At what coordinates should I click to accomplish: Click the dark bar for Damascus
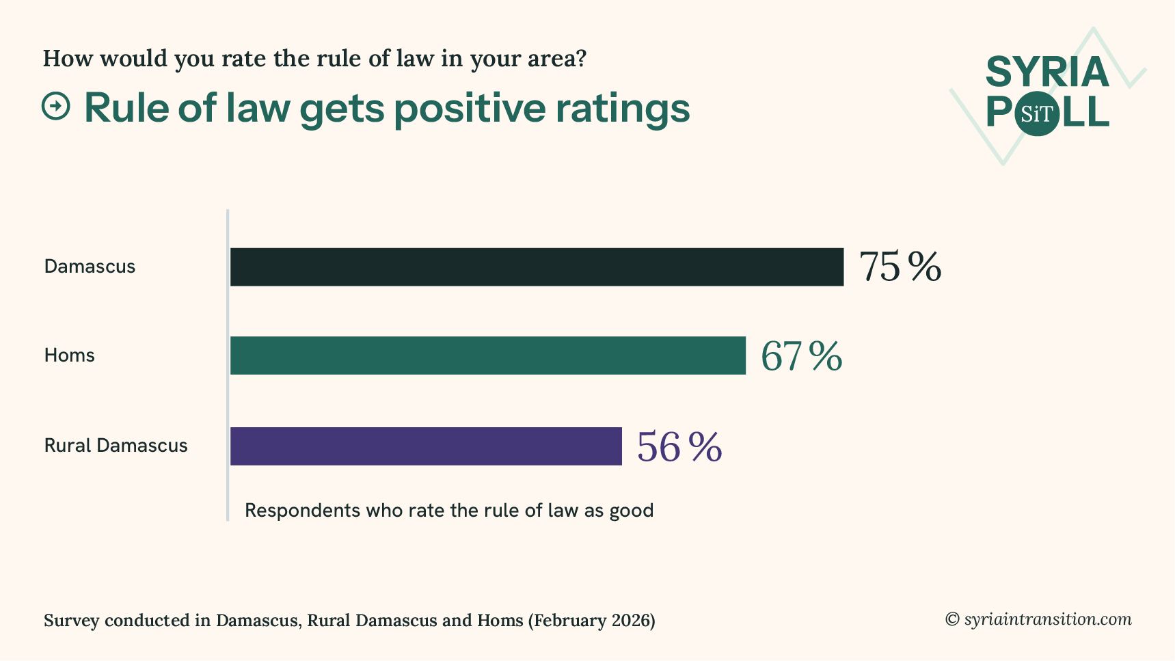click(x=537, y=267)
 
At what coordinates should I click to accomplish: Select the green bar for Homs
click(x=487, y=355)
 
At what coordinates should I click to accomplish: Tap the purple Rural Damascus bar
click(x=426, y=446)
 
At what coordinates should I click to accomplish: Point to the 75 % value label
click(x=900, y=267)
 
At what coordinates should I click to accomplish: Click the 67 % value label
click(x=801, y=356)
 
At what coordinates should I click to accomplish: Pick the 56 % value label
click(x=679, y=447)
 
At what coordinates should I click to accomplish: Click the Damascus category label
click(x=90, y=267)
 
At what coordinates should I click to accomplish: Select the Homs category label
click(x=69, y=355)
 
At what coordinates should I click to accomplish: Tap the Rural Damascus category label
click(x=116, y=446)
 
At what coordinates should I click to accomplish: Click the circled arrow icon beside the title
click(x=56, y=106)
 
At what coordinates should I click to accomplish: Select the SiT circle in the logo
click(x=1036, y=114)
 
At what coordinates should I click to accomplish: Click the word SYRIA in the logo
click(x=1046, y=72)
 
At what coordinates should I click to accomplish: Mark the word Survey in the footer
click(x=71, y=621)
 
